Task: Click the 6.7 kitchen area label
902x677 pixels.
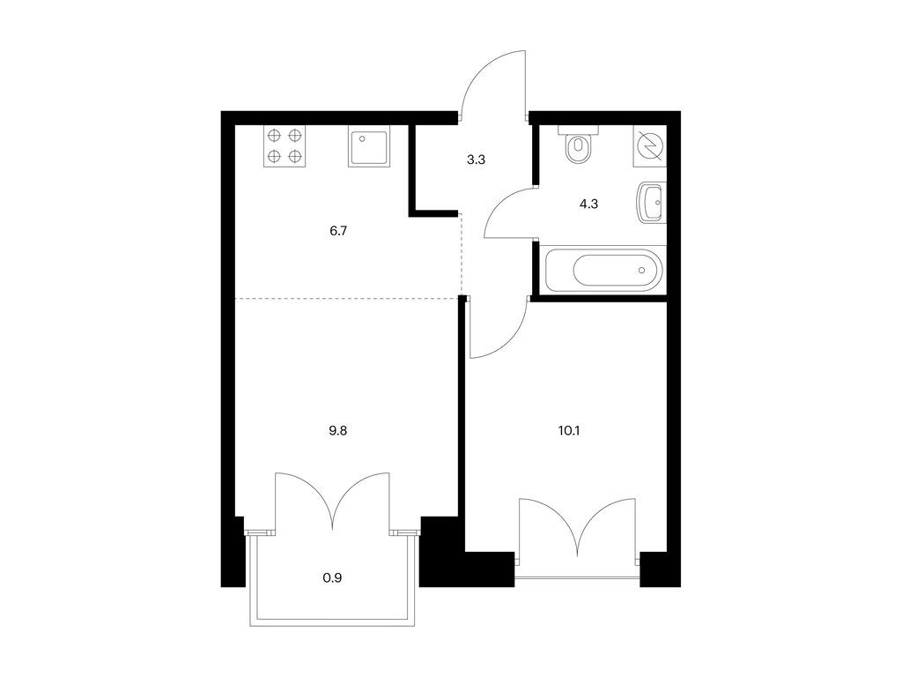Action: click(338, 231)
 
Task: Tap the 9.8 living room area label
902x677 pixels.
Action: click(337, 430)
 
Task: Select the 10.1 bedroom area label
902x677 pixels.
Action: click(568, 430)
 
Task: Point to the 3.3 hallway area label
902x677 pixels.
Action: click(476, 160)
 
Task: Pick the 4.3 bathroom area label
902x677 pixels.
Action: click(588, 204)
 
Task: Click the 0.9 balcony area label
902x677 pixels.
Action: click(332, 577)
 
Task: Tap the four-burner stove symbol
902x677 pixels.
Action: click(285, 146)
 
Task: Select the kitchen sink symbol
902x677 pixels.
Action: click(369, 146)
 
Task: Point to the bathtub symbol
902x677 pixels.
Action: click(604, 270)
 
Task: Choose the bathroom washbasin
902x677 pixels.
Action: click(653, 203)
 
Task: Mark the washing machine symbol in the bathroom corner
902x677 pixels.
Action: click(650, 146)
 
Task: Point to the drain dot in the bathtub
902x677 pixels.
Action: click(642, 270)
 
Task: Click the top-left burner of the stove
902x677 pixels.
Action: click(275, 136)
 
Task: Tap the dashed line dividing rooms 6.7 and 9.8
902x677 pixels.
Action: click(347, 298)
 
